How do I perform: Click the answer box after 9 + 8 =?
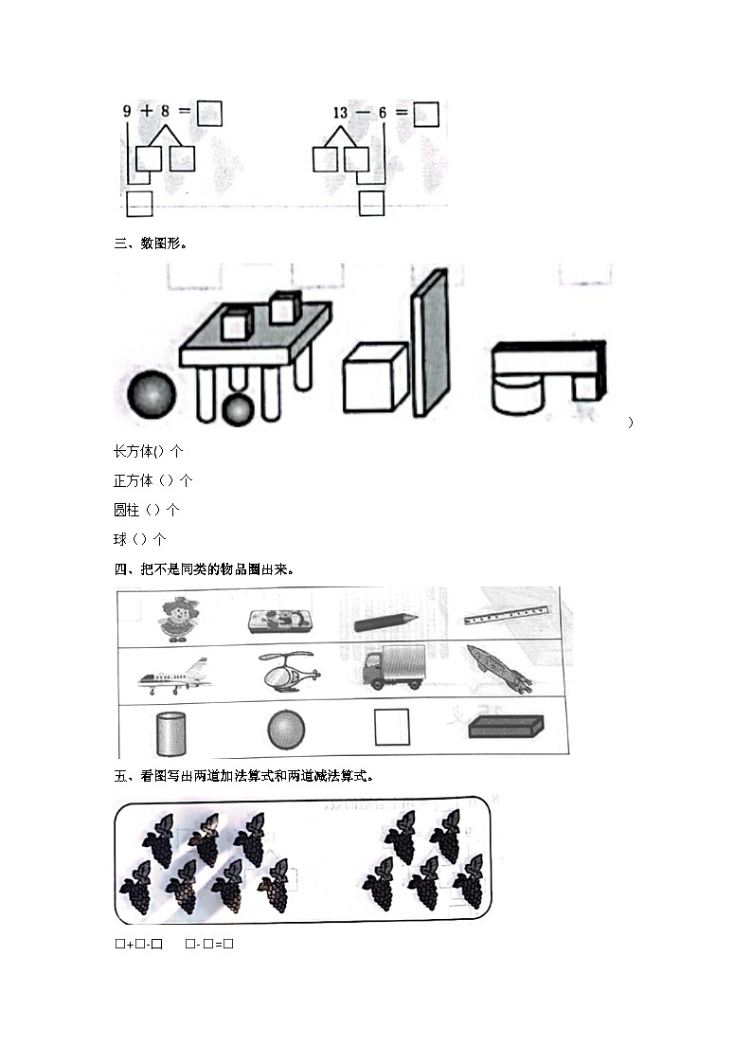(x=209, y=114)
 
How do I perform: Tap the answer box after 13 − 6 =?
(x=426, y=114)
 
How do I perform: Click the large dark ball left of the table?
(x=152, y=393)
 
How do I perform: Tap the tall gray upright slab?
(x=428, y=342)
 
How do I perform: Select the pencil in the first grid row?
(x=385, y=622)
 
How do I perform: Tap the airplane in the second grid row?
(x=173, y=676)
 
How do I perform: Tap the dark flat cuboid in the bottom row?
(x=507, y=727)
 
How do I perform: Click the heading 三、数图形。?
(x=151, y=243)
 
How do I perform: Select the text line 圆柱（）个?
(x=147, y=510)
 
